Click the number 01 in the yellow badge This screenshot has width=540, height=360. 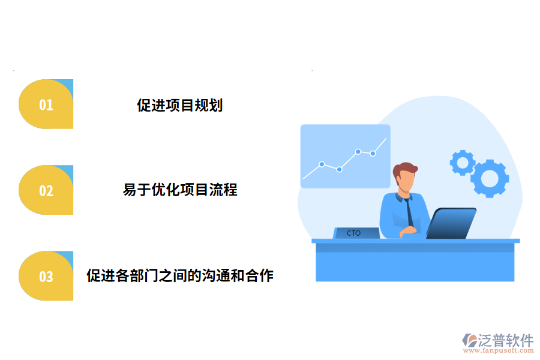coord(46,105)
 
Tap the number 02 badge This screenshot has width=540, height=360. coord(46,191)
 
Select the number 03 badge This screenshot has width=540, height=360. coord(46,277)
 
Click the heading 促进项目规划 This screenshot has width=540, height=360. coord(180,106)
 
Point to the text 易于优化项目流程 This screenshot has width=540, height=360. coord(180,190)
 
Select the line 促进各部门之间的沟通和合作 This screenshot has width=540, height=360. coord(180,276)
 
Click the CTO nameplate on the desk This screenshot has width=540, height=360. coord(355,233)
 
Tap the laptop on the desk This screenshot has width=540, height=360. coord(452,223)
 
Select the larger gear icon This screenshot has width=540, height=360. coord(490,178)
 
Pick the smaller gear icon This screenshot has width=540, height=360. coord(462,162)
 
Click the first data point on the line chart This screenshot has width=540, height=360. coord(322,164)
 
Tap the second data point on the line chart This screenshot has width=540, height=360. coord(340,169)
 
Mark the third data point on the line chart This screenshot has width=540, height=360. coord(358,152)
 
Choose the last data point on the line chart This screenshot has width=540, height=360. coord(373,154)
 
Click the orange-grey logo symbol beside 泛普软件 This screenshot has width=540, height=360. coord(470,341)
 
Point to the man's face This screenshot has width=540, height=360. coord(406,181)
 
